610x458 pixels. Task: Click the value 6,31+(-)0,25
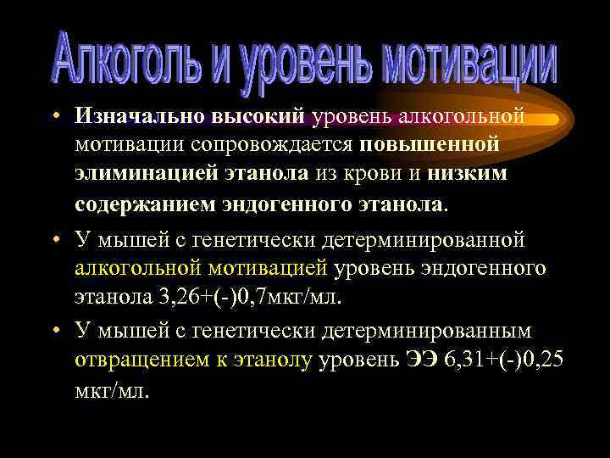tap(503, 360)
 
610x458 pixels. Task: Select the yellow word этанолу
tap(270, 360)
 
